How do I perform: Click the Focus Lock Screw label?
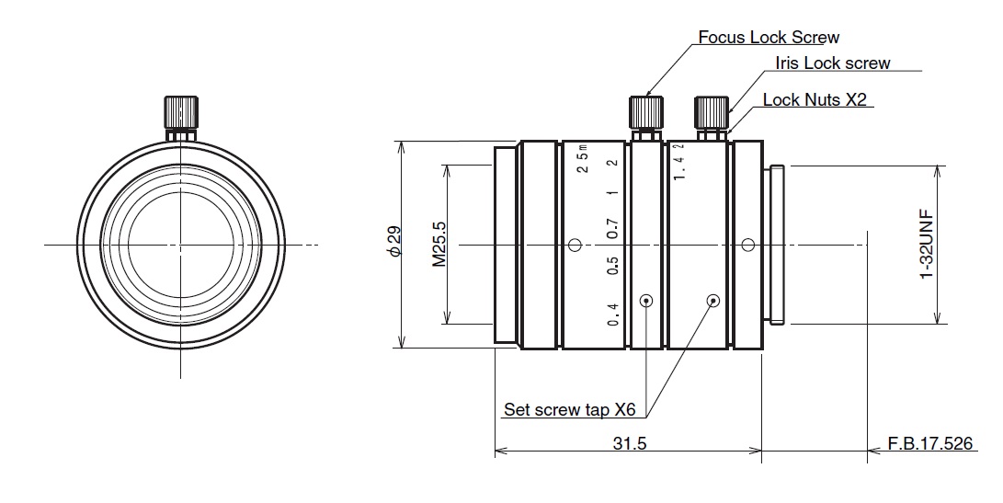point(769,38)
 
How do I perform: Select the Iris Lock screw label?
point(832,63)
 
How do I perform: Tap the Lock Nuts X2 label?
point(815,100)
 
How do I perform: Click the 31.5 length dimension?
point(630,443)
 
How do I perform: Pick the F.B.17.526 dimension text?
point(929,443)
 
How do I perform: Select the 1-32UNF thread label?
point(926,245)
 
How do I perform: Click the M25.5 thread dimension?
point(439,245)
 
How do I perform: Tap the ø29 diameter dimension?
point(393,244)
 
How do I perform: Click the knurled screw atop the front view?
point(181,113)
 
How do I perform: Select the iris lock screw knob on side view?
point(711,113)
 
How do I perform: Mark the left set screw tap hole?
point(647,300)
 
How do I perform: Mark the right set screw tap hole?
point(712,300)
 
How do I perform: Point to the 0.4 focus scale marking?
point(613,315)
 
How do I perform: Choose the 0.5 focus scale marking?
point(613,267)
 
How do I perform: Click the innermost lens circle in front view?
point(181,245)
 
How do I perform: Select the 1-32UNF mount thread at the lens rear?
point(776,245)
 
